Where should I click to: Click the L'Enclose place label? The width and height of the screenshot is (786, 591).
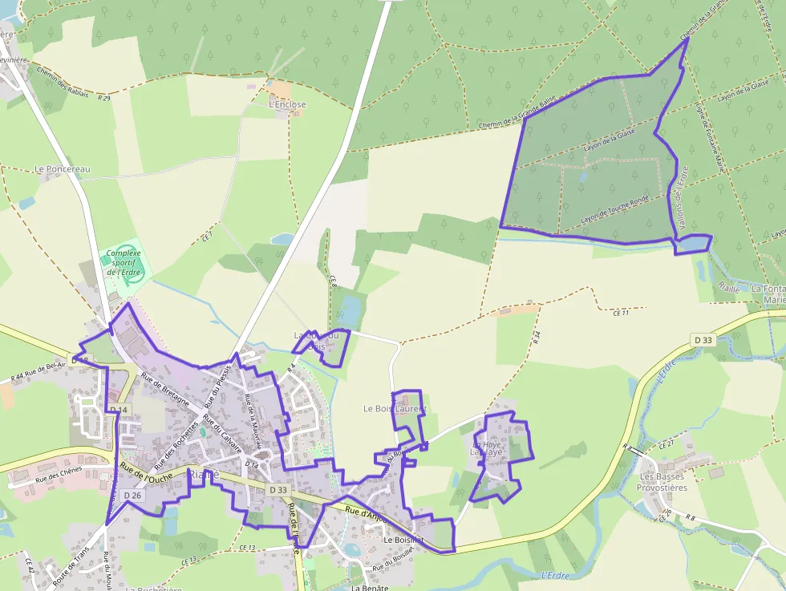point(287,104)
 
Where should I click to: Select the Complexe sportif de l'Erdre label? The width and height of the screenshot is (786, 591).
point(124,263)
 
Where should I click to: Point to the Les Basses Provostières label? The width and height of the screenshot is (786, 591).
point(662,481)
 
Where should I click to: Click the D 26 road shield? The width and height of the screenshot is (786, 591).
point(132,496)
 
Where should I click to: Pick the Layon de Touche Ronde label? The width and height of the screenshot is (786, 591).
point(614,208)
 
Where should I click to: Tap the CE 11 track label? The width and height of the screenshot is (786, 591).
point(620,313)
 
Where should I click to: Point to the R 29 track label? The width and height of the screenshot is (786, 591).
point(103,98)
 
